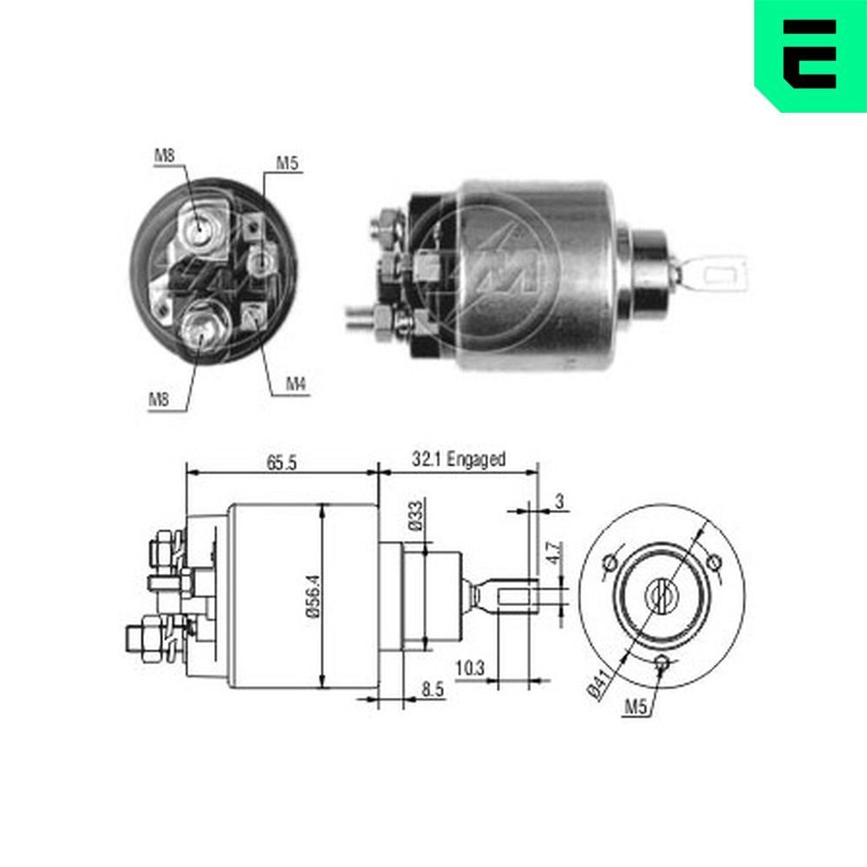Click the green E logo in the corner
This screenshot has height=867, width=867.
click(810, 54)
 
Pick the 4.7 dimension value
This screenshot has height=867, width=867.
click(553, 553)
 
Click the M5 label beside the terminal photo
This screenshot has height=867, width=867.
click(287, 162)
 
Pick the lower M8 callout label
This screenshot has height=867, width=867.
click(158, 399)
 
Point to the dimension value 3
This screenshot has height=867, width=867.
click(559, 500)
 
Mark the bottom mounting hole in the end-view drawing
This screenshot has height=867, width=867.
click(663, 663)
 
